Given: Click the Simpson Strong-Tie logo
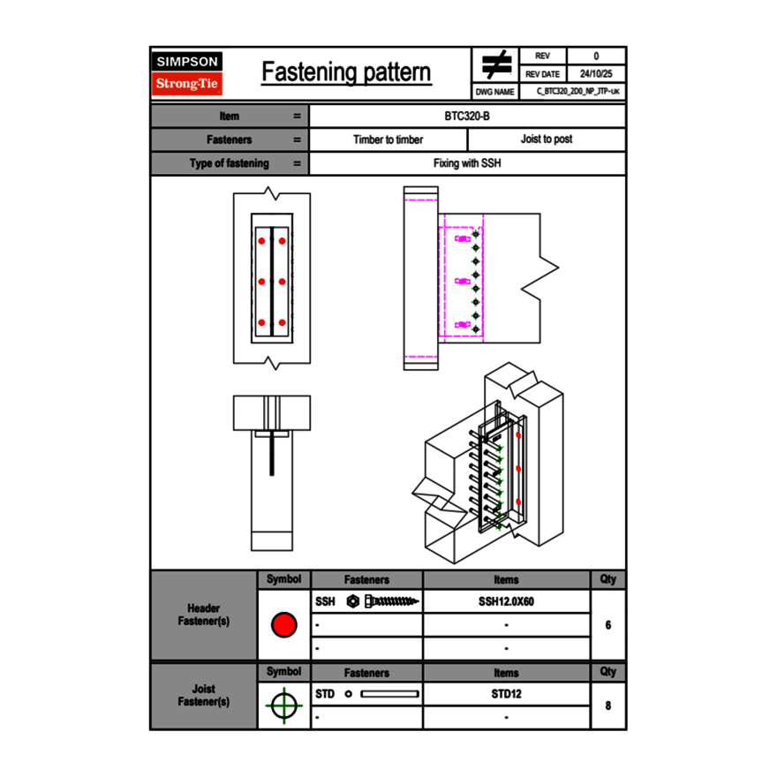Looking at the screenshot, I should click(187, 73).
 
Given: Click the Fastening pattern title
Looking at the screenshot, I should click(346, 72).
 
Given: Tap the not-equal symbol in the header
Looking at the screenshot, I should click(496, 65).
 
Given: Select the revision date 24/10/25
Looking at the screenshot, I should click(596, 74).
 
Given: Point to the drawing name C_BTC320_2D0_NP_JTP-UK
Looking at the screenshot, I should click(577, 92).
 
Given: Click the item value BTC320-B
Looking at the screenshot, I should click(467, 116).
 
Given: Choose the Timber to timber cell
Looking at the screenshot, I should click(388, 140).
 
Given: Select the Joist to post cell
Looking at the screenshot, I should click(546, 140).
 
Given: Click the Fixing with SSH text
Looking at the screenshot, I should click(467, 163).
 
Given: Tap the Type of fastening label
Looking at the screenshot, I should click(230, 163).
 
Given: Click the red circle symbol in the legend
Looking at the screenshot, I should click(283, 625).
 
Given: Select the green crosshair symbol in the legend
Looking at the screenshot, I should click(283, 706).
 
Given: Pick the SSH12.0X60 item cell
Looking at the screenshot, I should click(506, 601).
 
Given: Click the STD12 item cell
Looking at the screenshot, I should click(506, 694).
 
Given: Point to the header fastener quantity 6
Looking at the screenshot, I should click(607, 625).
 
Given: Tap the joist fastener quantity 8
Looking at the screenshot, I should click(607, 706).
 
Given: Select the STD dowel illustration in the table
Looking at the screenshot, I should click(388, 694).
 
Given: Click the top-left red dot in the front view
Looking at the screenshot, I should click(261, 240).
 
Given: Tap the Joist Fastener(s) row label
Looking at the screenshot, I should click(204, 695).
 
